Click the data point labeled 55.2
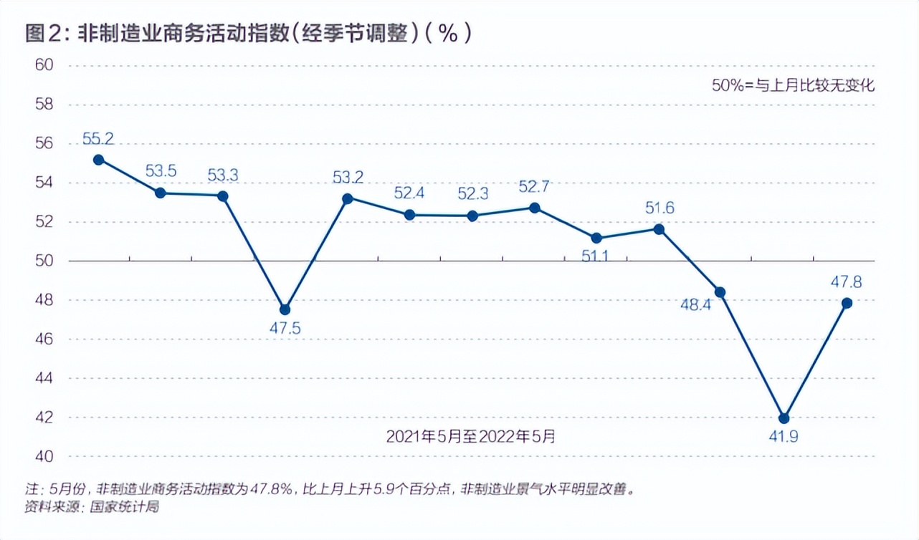[99, 160]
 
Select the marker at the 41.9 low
[784, 418]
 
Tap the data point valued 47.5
[285, 309]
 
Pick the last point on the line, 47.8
[847, 303]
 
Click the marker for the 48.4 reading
[720, 292]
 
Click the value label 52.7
[534, 187]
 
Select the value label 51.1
[595, 256]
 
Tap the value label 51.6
[660, 208]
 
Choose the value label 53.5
[161, 171]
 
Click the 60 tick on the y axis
[44, 65]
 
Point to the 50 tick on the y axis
[44, 261]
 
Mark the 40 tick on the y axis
[44, 456]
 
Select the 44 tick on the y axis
[44, 378]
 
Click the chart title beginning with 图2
[248, 34]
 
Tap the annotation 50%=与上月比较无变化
[793, 85]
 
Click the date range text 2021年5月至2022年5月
[470, 436]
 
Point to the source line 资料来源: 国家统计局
[92, 507]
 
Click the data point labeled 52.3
[472, 216]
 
